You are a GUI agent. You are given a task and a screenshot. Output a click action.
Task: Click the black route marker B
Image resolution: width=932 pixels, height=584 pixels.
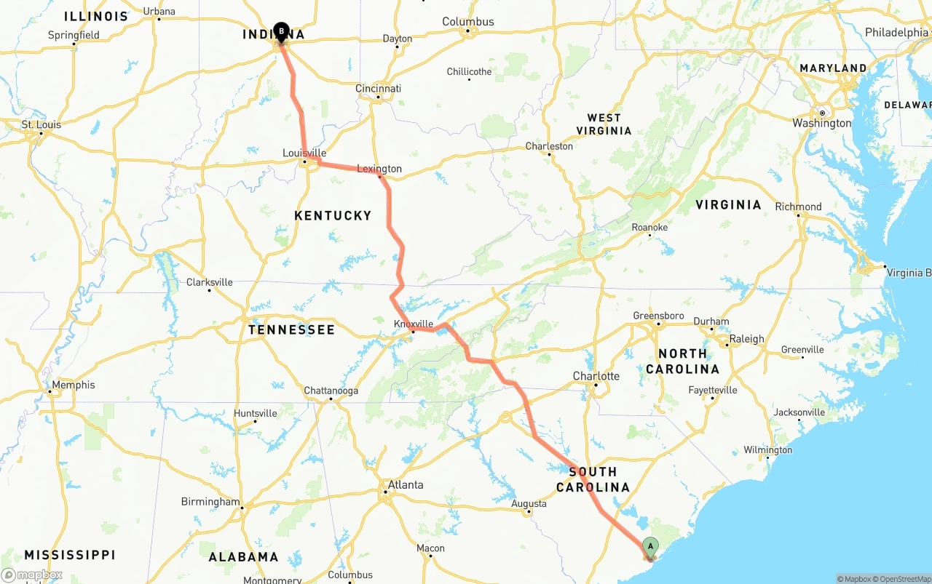[x=281, y=32]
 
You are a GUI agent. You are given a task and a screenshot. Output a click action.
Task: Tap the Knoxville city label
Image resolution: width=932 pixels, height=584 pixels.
[x=413, y=324]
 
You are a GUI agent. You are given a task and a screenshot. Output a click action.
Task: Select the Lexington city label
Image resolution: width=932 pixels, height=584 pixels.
[x=379, y=169]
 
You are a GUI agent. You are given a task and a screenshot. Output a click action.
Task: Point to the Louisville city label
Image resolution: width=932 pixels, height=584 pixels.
[x=304, y=153]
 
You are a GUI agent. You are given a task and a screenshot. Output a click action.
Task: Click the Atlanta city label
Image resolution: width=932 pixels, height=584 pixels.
[x=405, y=485]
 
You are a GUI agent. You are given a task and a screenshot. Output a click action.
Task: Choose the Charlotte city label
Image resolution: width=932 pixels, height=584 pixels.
[x=596, y=376]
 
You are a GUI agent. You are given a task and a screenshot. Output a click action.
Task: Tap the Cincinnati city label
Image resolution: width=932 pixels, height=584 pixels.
[x=378, y=89]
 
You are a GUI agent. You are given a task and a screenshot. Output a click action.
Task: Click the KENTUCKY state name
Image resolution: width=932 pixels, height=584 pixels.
[x=333, y=215]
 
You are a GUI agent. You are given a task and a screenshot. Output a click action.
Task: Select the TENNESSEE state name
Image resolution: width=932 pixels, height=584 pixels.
[x=291, y=329]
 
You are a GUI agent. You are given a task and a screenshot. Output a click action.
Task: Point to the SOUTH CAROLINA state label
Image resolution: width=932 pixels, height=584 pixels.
[x=593, y=479]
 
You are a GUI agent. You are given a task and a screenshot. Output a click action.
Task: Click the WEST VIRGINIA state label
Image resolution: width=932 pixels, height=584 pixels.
[x=604, y=124]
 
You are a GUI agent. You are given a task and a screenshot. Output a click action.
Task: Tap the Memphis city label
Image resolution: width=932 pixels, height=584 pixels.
[x=73, y=385]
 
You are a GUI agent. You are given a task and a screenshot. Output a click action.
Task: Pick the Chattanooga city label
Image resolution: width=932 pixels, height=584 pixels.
[x=331, y=391]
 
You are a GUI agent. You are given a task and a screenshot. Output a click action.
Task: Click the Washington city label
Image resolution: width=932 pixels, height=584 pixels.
[x=821, y=123]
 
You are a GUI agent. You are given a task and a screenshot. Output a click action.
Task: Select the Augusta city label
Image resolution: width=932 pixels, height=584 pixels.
[x=529, y=503]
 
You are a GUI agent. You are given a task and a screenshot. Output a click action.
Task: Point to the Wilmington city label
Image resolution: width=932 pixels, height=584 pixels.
[x=767, y=450]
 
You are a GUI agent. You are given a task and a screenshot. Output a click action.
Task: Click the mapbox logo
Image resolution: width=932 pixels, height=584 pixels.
[x=32, y=575]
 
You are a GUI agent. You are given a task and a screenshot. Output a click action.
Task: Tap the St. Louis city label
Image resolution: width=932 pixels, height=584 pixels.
[x=42, y=124]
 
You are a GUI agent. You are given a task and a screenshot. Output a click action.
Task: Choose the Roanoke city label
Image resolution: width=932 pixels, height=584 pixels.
[x=649, y=227]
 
